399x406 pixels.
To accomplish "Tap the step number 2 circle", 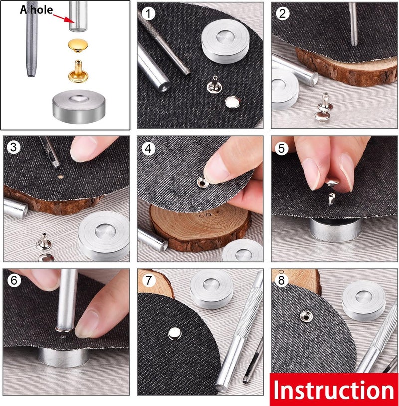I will tap(283, 13).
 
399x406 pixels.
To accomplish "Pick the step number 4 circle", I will tap(147, 148).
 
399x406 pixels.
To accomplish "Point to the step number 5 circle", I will tap(281, 148).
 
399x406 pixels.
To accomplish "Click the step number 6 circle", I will tap(14, 281).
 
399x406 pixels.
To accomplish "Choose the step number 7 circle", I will tap(148, 281).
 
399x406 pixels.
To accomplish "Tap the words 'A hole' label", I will tap(36, 10).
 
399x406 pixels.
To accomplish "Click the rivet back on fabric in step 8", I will tap(305, 316).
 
